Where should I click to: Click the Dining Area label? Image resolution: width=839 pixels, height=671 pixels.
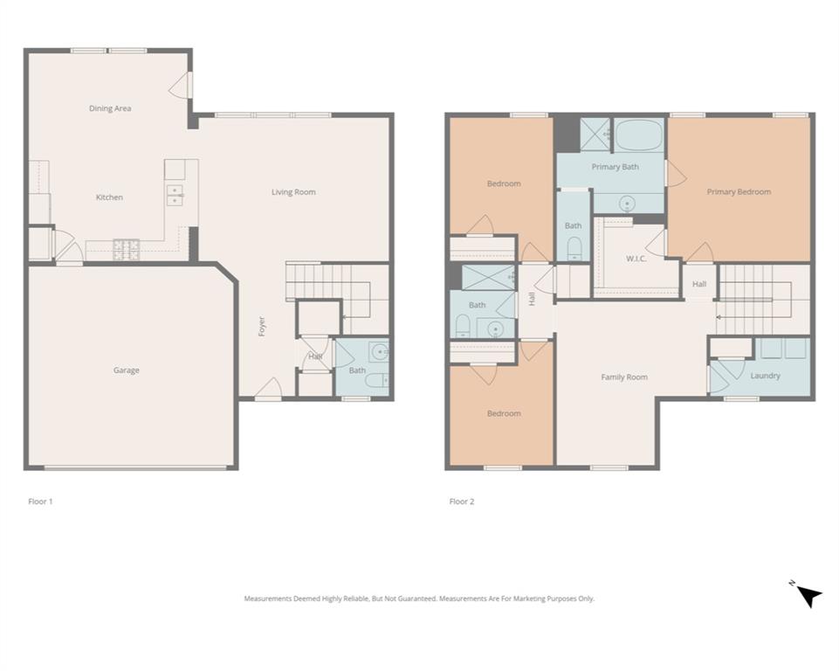pos(110,108)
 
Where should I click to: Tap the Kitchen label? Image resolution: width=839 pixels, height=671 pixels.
pos(109,197)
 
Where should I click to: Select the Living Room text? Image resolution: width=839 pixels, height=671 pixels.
pos(293,192)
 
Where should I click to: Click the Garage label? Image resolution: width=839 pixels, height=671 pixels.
pos(126,370)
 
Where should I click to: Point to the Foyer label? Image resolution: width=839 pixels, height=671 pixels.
pos(262,326)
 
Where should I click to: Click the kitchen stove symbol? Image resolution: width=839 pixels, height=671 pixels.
pos(127,247)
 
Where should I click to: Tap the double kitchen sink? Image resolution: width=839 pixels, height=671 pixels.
pos(175,194)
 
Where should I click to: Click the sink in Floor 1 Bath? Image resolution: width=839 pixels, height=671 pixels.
pos(379,353)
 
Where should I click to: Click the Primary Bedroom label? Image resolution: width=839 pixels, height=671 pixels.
pos(739,192)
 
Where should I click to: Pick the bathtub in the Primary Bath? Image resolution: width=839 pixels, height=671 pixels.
pos(639,135)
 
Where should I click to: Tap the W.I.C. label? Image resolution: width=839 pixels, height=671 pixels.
pos(636,259)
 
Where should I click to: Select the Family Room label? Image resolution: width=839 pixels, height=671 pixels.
pos(624,377)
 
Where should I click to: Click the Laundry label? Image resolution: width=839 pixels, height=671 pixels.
pos(765,376)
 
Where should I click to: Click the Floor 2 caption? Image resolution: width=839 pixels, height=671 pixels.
pos(462,502)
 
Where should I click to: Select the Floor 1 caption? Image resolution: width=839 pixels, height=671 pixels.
pos(41,502)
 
